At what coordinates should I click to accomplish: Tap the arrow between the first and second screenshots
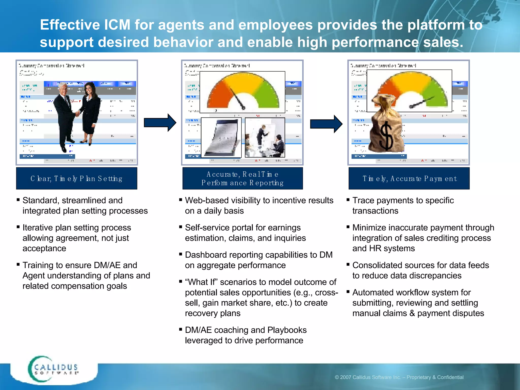point(160,123)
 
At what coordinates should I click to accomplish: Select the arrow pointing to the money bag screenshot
point(326,124)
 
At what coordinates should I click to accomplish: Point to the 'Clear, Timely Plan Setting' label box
point(76,178)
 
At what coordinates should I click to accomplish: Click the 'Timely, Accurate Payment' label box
point(409,178)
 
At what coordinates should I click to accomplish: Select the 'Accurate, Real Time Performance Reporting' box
point(242,178)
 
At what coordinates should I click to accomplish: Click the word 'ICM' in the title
point(117,25)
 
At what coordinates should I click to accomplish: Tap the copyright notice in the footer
point(399,377)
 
